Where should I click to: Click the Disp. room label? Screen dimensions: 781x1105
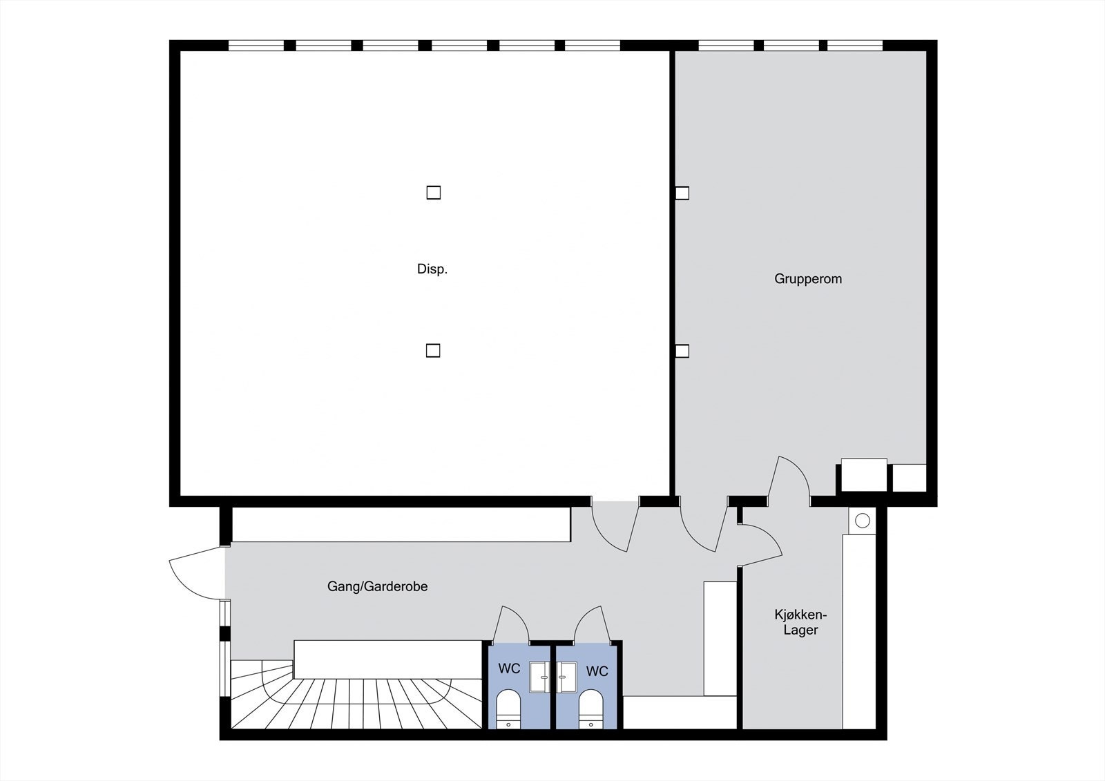click(432, 269)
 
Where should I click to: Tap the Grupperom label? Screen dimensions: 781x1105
click(807, 279)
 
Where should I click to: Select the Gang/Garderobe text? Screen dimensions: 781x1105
click(377, 586)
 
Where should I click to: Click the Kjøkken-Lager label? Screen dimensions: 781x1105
click(800, 621)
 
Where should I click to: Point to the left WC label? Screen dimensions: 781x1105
click(509, 669)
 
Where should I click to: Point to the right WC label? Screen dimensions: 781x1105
click(597, 671)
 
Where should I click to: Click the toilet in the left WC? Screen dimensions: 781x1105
click(509, 708)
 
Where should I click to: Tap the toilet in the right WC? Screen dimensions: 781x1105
click(590, 708)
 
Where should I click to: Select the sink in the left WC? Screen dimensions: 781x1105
click(539, 677)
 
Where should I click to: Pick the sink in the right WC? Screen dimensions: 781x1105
click(566, 677)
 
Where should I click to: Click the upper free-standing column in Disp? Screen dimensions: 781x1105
click(433, 193)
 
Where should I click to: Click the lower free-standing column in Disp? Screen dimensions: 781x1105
click(432, 351)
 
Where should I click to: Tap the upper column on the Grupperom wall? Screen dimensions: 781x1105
click(682, 193)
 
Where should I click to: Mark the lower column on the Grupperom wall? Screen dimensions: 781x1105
click(682, 351)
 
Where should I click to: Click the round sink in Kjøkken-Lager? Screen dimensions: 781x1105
click(862, 521)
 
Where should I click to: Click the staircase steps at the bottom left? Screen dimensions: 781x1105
click(359, 701)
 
